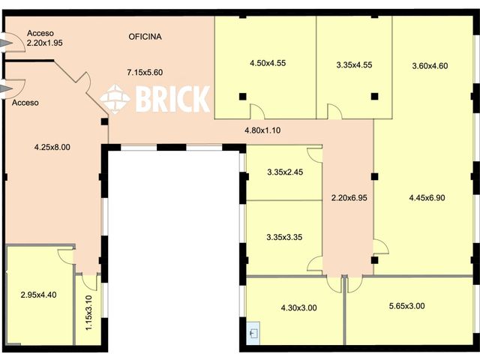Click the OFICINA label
pos(145,37)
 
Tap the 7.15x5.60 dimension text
pos(145,73)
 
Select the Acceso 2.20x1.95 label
pos(45,38)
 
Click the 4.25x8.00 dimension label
pos(52,147)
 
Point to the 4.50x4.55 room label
pos(268,63)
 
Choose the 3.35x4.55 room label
pos(354,65)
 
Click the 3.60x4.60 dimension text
pos(430,66)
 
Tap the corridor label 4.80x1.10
pos(262,130)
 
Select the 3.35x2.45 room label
pos(285,172)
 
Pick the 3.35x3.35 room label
pos(284,237)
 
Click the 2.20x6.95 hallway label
pos(349,198)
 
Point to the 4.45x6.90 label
pos(427,198)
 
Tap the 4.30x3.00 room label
pos(298,307)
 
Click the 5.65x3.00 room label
pos(406,306)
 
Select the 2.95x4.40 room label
pos(38,295)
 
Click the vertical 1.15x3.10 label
pos(88,313)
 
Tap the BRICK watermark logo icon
pos(115,99)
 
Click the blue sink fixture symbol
pos(253,332)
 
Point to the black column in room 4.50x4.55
pos(242,97)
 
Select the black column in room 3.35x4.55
pos(375,97)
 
